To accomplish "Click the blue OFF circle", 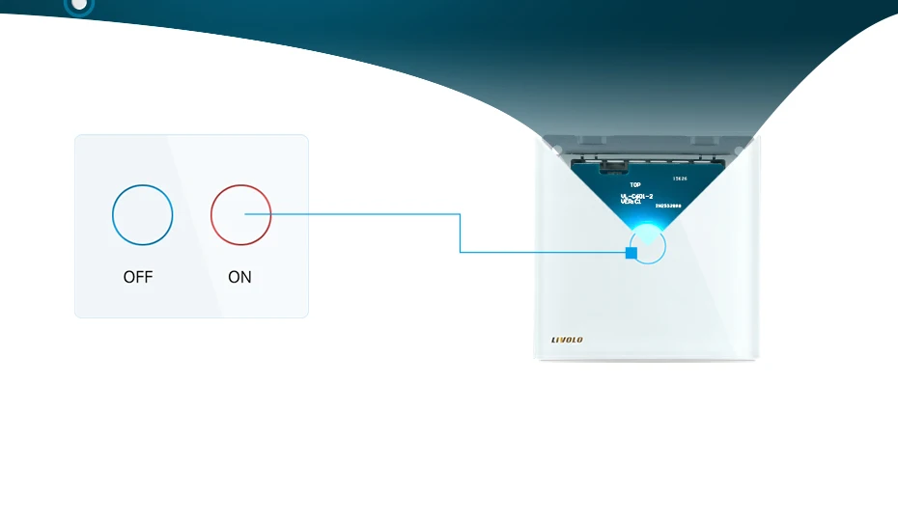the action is point(143,215).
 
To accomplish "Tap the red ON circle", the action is point(241,215).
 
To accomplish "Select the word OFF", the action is point(138,277).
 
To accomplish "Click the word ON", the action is point(239,277).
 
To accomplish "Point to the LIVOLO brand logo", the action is point(567,340).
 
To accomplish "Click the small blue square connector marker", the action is point(631,253).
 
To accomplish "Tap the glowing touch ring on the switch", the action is point(648,246).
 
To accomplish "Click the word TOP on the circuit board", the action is point(635,184).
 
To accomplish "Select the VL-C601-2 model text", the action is point(637,195).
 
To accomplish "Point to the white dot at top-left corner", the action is point(79,4).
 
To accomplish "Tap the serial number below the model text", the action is point(668,206).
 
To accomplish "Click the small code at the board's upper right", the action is point(680,179).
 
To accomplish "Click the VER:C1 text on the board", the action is point(631,202).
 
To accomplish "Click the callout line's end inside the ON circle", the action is point(246,214).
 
